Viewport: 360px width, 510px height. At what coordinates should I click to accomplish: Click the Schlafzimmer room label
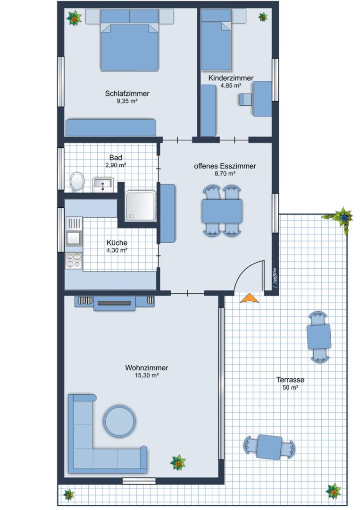tap(127, 93)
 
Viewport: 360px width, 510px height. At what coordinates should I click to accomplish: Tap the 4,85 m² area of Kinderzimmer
tap(231, 85)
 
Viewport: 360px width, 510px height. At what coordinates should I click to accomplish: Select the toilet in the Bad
tap(77, 181)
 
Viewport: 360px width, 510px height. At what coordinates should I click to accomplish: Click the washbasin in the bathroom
tap(103, 185)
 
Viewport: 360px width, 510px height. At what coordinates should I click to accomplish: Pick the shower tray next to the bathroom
tap(140, 206)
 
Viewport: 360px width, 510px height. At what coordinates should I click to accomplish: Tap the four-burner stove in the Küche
tap(74, 260)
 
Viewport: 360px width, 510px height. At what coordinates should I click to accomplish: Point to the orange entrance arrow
tap(249, 298)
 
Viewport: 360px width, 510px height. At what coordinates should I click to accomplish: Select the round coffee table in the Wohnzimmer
tap(119, 421)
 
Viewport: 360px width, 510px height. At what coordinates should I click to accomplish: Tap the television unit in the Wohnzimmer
tap(114, 303)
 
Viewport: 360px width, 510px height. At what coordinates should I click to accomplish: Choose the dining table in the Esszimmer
tap(222, 211)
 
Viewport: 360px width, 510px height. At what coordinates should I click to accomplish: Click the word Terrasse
tap(291, 380)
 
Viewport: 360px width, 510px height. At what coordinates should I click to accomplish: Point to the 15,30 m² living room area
tap(147, 375)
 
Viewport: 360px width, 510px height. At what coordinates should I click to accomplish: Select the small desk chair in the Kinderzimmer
tap(246, 99)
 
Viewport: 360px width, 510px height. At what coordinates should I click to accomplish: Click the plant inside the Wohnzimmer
tap(178, 462)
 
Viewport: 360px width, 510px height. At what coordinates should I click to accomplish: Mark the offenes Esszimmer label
tap(225, 166)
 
